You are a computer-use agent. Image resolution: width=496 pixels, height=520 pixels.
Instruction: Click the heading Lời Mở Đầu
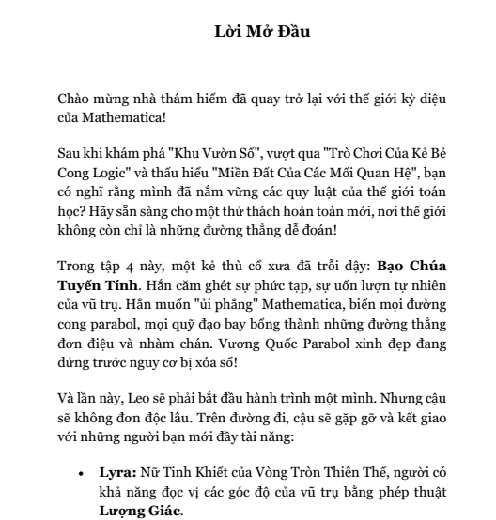tap(248, 31)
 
